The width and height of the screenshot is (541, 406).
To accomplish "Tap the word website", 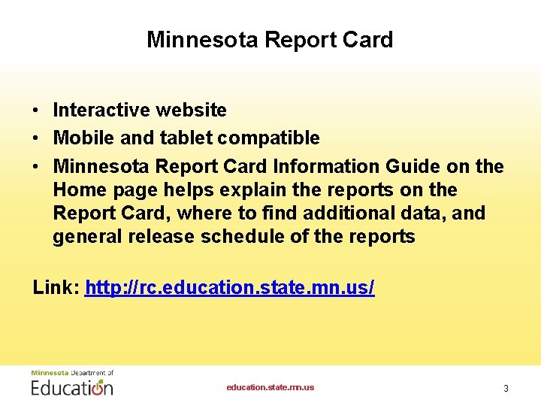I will [191, 111].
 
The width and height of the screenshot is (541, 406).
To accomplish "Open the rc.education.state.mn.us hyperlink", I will [230, 287].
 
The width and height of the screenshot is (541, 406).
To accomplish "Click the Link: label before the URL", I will [56, 287].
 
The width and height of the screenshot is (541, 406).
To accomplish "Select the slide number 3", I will [506, 389].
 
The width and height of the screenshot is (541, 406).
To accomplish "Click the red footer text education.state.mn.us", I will [270, 388].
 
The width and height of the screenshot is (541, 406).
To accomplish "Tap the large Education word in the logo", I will [72, 387].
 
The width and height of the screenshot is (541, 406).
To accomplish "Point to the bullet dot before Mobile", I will [36, 138].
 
